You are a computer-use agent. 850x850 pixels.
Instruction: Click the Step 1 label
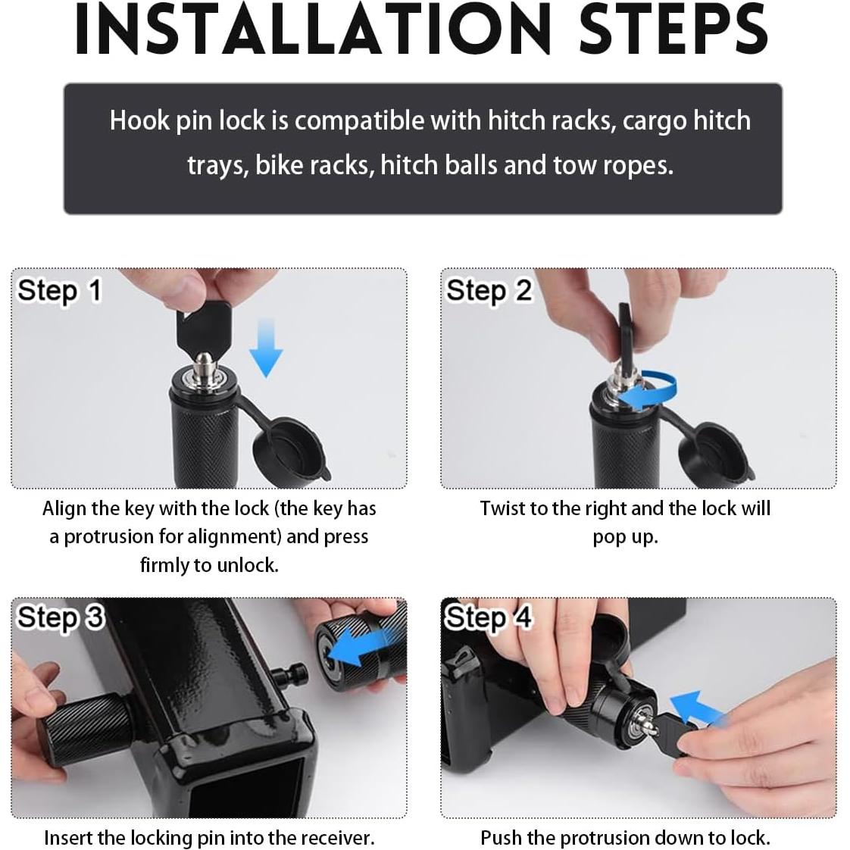[x=59, y=291]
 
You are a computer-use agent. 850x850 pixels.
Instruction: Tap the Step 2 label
[x=489, y=291]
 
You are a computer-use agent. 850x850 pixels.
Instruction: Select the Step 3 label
[x=60, y=617]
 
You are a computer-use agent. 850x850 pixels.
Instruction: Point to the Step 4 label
[x=488, y=617]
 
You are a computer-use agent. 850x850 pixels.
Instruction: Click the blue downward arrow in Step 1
[x=266, y=348]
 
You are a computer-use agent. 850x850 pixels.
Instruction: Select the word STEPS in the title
[x=673, y=29]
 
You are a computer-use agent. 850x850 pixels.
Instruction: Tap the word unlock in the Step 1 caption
[x=247, y=565]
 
